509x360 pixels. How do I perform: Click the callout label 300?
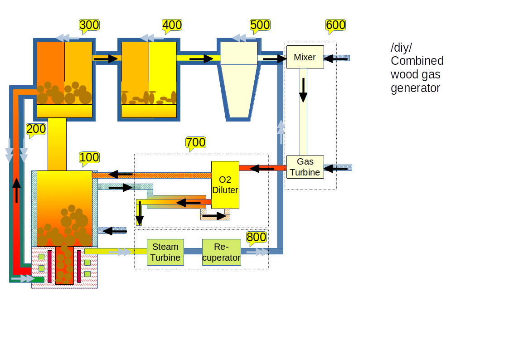click(x=89, y=25)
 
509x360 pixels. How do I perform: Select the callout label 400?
click(x=172, y=25)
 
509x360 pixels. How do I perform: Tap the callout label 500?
click(x=260, y=25)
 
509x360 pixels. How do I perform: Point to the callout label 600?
click(x=335, y=25)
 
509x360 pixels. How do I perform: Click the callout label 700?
click(x=196, y=142)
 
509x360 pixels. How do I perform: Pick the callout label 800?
click(x=256, y=237)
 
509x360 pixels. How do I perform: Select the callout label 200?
click(x=36, y=129)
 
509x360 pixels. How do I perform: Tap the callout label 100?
click(x=89, y=157)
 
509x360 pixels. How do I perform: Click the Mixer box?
click(x=305, y=57)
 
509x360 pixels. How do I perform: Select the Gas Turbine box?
click(x=305, y=167)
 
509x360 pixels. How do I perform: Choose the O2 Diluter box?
click(x=225, y=185)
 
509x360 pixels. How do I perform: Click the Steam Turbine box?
click(x=165, y=252)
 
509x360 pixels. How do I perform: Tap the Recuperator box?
click(x=221, y=252)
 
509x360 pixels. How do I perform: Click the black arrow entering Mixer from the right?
click(x=334, y=58)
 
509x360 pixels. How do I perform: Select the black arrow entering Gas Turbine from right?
click(x=336, y=168)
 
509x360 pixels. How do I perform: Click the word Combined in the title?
click(x=417, y=61)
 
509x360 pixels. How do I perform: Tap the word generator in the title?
click(x=415, y=88)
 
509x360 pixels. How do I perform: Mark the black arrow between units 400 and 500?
click(x=201, y=58)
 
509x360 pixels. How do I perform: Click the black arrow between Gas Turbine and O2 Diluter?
click(x=262, y=168)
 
